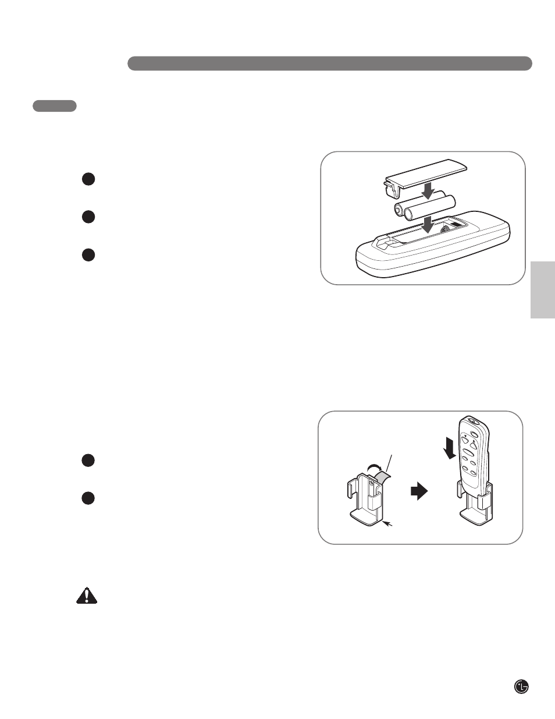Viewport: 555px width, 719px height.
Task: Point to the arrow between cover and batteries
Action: (428, 190)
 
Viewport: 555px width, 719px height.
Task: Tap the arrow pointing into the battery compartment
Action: (428, 224)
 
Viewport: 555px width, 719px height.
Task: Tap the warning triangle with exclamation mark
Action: (87, 595)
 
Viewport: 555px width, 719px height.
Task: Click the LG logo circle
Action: (522, 686)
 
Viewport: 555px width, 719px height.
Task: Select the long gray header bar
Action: (329, 63)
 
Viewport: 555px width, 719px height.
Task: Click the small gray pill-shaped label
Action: (55, 106)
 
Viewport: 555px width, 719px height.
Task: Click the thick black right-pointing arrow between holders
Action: (419, 492)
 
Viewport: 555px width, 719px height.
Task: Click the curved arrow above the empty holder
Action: (375, 466)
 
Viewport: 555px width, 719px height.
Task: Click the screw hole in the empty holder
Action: (371, 483)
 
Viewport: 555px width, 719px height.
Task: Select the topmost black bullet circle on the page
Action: (88, 179)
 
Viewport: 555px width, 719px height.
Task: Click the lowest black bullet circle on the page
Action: (88, 498)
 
